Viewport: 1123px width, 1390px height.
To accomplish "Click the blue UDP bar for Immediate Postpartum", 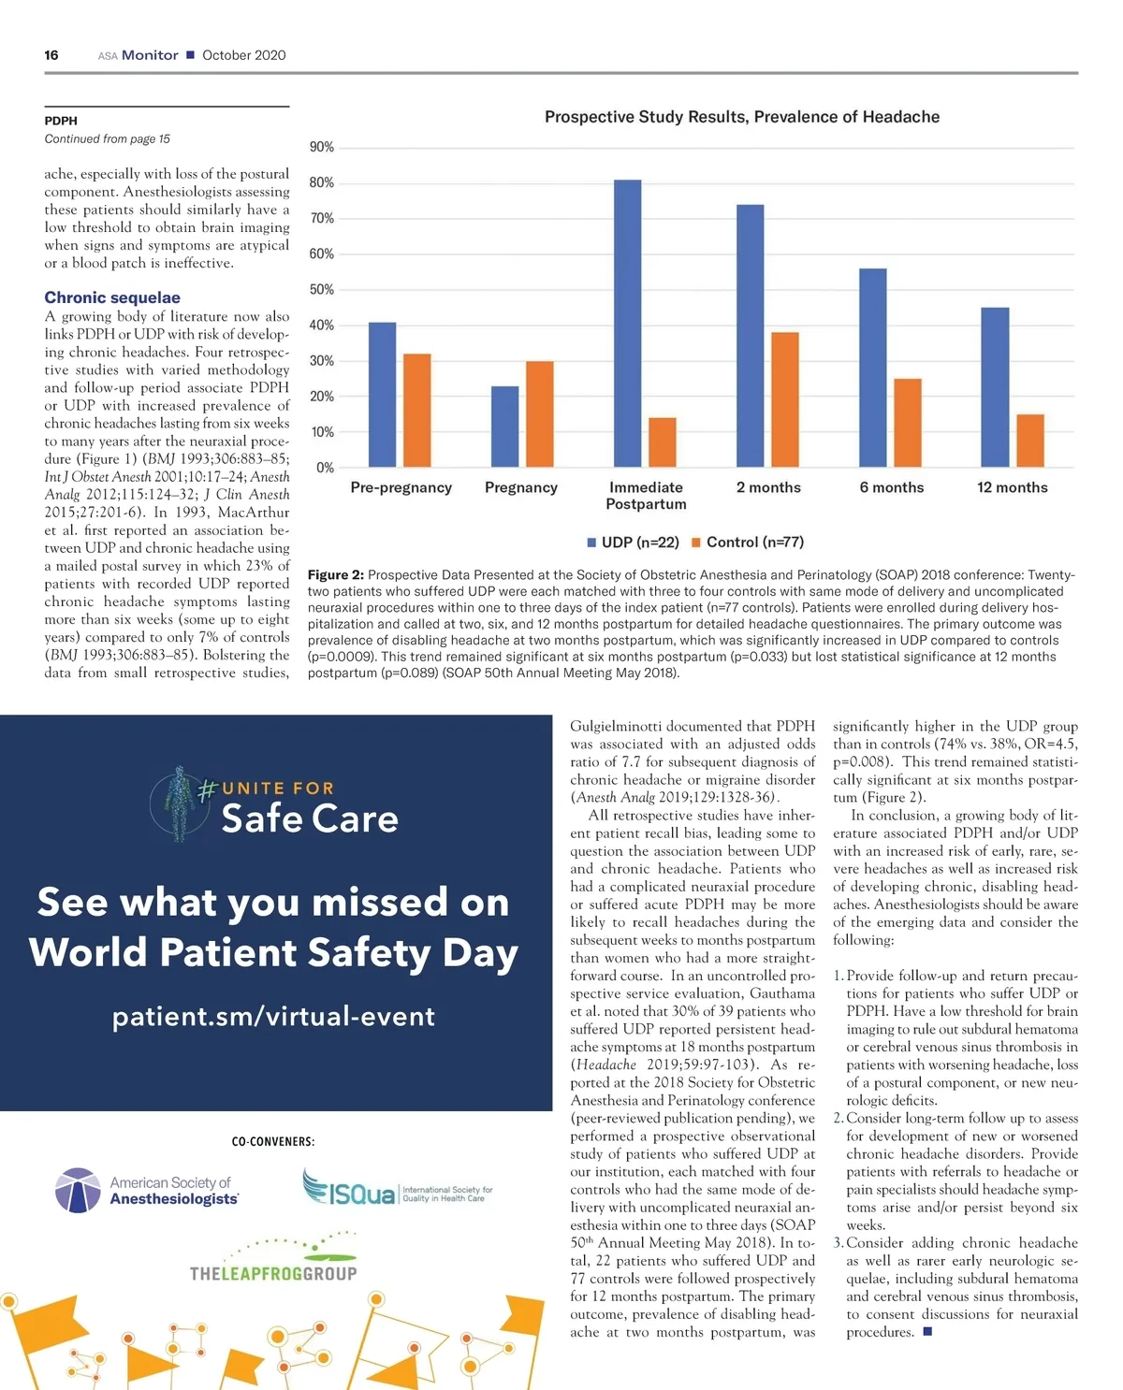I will click(x=627, y=324).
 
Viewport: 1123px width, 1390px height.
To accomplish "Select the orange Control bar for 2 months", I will click(x=784, y=399).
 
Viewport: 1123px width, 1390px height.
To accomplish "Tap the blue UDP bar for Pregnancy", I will click(x=504, y=427).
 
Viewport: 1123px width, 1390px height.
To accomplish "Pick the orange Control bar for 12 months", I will click(x=1029, y=441).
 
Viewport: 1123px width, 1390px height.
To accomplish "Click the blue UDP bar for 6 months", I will click(x=872, y=368).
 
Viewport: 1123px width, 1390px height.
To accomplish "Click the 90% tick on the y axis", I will click(x=321, y=147).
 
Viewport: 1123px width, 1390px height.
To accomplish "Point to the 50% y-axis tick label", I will click(x=321, y=290).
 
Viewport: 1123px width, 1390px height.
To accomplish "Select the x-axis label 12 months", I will click(x=1012, y=487).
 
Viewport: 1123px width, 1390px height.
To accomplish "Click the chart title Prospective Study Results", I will click(x=741, y=117).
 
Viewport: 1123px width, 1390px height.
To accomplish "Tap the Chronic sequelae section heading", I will click(x=112, y=297).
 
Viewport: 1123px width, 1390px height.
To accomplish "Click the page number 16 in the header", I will click(x=51, y=55).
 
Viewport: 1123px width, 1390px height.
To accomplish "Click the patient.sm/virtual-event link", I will click(x=273, y=1016).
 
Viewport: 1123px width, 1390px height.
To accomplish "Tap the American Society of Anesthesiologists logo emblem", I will click(x=78, y=1191).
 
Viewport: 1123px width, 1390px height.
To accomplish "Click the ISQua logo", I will click(x=349, y=1190).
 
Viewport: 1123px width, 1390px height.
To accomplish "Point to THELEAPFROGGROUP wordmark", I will click(x=273, y=1273).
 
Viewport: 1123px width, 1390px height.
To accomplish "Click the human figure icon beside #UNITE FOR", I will click(x=179, y=803).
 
